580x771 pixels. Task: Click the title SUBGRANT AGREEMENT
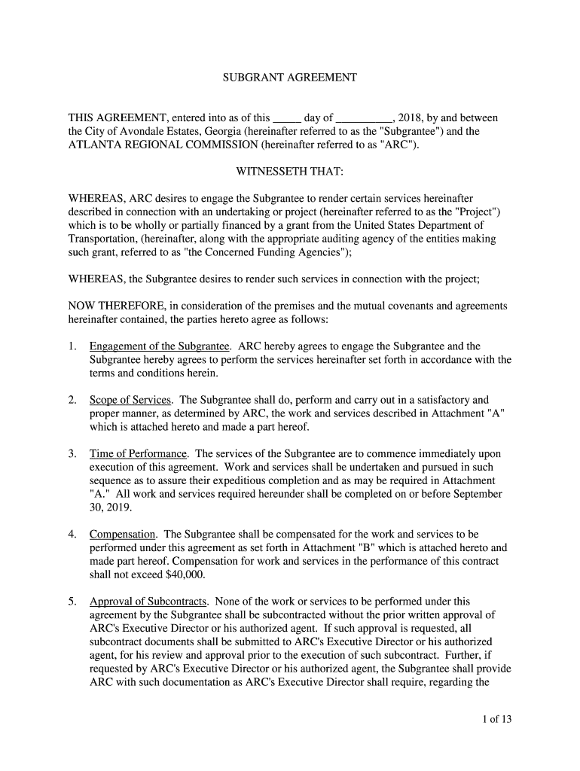pos(290,78)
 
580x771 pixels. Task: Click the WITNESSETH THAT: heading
pos(290,172)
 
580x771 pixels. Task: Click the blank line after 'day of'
pos(363,119)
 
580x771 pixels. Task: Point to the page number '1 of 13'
pos(497,719)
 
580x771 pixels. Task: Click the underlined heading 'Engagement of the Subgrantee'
pos(159,346)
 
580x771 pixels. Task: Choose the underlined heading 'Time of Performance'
pos(138,453)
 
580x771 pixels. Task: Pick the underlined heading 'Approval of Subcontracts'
pos(148,602)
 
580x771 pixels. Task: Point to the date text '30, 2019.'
pos(111,507)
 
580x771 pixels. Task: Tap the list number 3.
pos(72,453)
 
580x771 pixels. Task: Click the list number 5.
pos(72,602)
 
